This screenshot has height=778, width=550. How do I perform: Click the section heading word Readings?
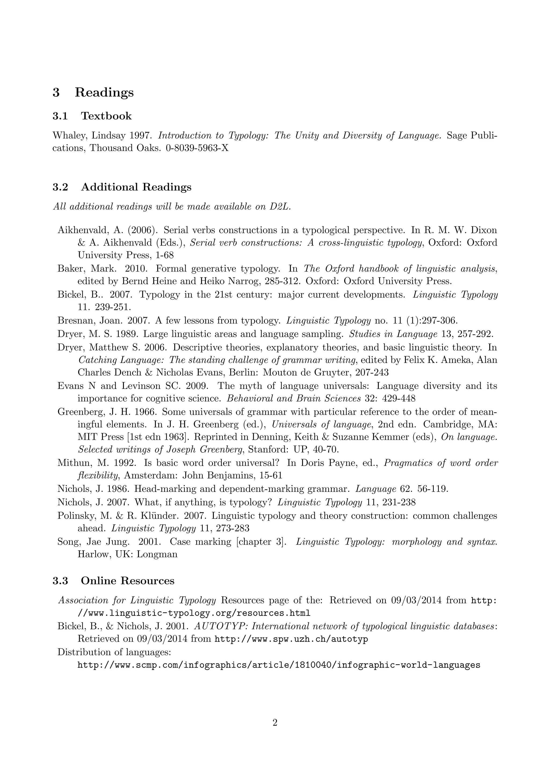tap(104, 92)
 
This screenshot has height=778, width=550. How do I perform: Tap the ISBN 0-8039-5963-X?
tap(197, 148)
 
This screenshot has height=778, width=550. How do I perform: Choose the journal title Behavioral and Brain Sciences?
tap(294, 398)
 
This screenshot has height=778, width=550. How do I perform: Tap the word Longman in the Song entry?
tap(157, 554)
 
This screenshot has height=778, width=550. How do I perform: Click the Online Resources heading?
tap(127, 581)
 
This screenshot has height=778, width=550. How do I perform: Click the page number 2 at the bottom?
tap(275, 723)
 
